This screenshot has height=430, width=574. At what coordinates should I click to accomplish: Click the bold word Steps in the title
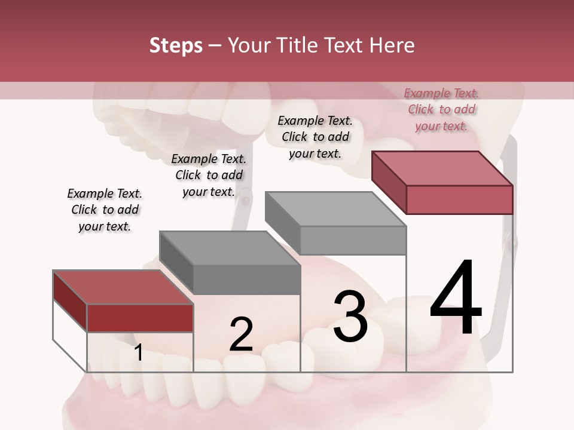[176, 45]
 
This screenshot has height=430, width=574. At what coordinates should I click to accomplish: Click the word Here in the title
[392, 45]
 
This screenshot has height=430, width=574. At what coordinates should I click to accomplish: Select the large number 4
[456, 298]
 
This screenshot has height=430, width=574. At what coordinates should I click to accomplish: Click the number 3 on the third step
[350, 317]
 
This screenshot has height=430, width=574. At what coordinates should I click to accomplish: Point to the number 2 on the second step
[241, 334]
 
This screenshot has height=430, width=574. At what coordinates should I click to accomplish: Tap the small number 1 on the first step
[139, 353]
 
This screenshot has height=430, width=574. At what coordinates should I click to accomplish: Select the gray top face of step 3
[335, 209]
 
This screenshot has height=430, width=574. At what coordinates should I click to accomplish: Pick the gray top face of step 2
[230, 248]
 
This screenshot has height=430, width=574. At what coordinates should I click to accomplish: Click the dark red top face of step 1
[123, 287]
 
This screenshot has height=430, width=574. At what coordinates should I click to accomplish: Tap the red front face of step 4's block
[459, 199]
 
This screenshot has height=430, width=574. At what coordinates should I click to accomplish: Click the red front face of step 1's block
[140, 318]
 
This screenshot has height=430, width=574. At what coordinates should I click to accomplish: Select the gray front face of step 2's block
[246, 279]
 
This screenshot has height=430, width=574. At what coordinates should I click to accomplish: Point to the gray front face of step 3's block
[353, 240]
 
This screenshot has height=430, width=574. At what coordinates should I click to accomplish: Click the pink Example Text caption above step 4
[441, 109]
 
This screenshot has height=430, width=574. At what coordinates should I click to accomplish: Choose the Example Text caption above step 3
[315, 137]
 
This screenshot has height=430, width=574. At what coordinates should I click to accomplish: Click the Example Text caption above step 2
[209, 175]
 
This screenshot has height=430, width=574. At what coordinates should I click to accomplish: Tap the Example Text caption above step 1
[105, 210]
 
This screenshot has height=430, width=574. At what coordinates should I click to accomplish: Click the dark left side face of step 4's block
[389, 182]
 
